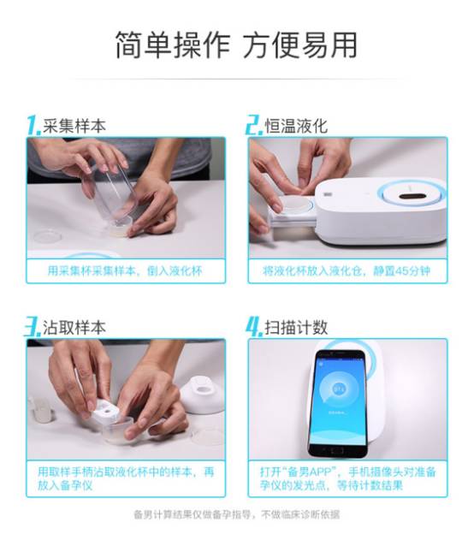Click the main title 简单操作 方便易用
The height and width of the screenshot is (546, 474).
(236, 45)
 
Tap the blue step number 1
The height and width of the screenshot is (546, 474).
(34, 125)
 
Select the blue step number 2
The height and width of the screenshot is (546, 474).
(254, 125)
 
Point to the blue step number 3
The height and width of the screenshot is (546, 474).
(33, 327)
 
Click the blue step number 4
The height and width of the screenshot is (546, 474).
(254, 327)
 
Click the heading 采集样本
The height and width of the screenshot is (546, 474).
(74, 126)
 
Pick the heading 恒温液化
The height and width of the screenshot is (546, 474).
(296, 126)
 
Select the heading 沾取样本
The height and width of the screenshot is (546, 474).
(74, 328)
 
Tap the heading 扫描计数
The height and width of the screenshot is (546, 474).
(296, 328)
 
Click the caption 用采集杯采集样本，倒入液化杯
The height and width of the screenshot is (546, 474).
(125, 271)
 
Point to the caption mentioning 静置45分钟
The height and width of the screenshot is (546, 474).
(347, 271)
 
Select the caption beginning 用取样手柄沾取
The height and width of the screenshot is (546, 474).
(126, 478)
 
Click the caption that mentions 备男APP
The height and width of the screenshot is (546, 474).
(347, 478)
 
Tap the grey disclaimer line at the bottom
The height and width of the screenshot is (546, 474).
(237, 514)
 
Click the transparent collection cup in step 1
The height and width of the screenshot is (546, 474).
(109, 195)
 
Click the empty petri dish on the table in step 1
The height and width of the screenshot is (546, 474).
(47, 236)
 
